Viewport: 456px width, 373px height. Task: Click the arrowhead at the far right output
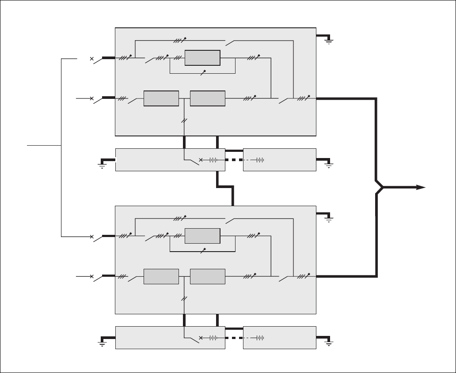(x=421, y=187)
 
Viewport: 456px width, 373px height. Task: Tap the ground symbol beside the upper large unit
(x=329, y=41)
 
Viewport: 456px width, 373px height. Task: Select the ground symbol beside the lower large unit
(x=329, y=219)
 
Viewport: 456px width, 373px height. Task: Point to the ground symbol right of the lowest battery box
(x=329, y=343)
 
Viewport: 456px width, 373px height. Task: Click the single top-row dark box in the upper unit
(x=202, y=58)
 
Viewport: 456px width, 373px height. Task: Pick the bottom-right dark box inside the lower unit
(x=208, y=276)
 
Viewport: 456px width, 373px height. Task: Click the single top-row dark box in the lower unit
(x=202, y=236)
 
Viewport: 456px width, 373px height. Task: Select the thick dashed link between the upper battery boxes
(x=234, y=160)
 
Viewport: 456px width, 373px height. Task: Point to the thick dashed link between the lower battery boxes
(x=234, y=338)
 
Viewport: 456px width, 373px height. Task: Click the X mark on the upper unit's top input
(x=92, y=58)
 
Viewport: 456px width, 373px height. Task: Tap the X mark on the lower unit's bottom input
(x=92, y=277)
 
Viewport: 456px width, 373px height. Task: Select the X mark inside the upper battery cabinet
(x=201, y=160)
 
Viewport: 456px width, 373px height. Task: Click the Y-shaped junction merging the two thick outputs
(x=380, y=187)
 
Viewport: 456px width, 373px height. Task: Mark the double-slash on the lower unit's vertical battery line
(x=184, y=299)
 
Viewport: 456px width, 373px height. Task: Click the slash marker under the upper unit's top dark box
(x=203, y=72)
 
